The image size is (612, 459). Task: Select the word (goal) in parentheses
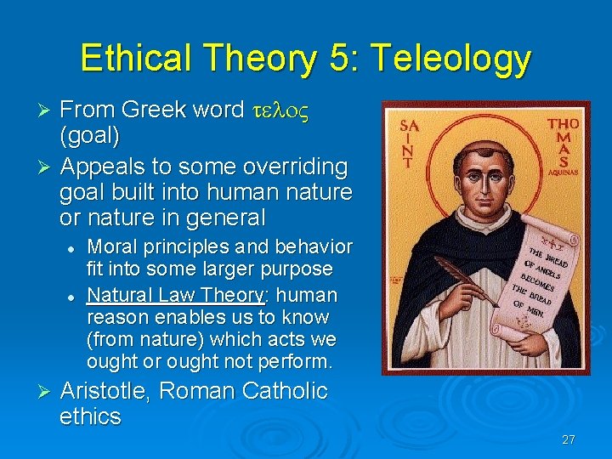click(x=90, y=136)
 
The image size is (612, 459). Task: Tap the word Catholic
click(x=285, y=391)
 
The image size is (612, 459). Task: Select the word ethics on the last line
click(x=90, y=416)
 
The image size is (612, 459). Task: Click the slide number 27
click(x=569, y=439)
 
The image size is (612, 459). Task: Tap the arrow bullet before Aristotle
click(x=47, y=392)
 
